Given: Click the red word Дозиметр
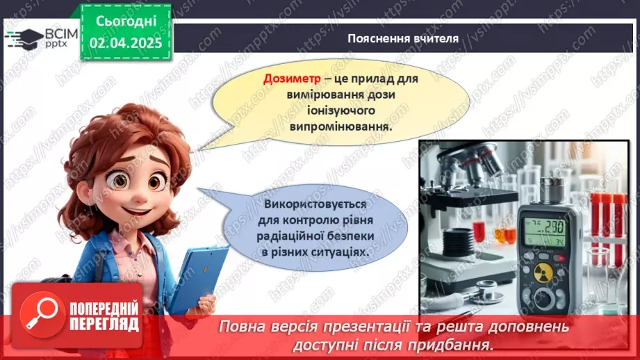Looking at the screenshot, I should coord(290,79).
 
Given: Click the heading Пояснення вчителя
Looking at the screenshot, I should coord(403,38).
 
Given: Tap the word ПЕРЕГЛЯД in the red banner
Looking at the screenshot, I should coord(105,325).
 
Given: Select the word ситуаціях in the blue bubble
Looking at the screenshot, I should coord(342,253).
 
